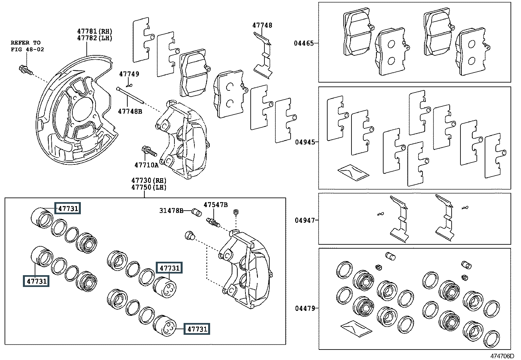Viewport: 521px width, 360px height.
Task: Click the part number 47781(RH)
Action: [95, 31]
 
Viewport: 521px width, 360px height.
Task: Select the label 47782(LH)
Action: [95, 38]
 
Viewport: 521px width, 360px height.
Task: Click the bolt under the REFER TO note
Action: [25, 70]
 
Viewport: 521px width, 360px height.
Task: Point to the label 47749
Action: [129, 74]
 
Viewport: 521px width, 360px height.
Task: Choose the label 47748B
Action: [130, 111]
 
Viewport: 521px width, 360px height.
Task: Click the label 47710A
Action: [146, 165]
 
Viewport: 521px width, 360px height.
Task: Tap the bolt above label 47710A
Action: [149, 152]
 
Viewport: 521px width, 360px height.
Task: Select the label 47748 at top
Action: [262, 25]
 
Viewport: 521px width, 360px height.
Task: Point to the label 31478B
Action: [171, 211]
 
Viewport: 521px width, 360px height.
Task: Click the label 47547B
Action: [215, 205]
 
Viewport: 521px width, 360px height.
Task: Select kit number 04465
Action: [304, 43]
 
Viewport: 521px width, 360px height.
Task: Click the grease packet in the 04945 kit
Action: [353, 171]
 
